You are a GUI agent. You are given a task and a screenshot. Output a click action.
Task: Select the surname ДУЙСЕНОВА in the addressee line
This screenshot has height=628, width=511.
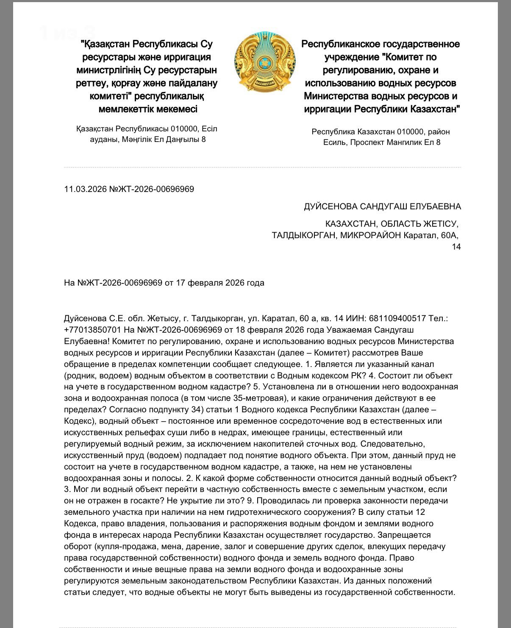click(x=330, y=206)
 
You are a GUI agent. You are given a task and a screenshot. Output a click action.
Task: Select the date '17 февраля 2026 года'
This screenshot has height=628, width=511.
click(x=220, y=283)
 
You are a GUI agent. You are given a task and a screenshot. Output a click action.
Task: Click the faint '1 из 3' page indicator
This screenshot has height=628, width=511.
click(x=66, y=33)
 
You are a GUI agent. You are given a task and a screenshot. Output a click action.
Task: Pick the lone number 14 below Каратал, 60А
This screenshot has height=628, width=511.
click(x=456, y=247)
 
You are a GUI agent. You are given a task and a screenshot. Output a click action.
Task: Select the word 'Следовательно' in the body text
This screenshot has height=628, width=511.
click(x=398, y=444)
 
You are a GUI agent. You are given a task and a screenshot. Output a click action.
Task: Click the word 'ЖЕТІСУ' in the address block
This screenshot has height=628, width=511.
click(x=439, y=224)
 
